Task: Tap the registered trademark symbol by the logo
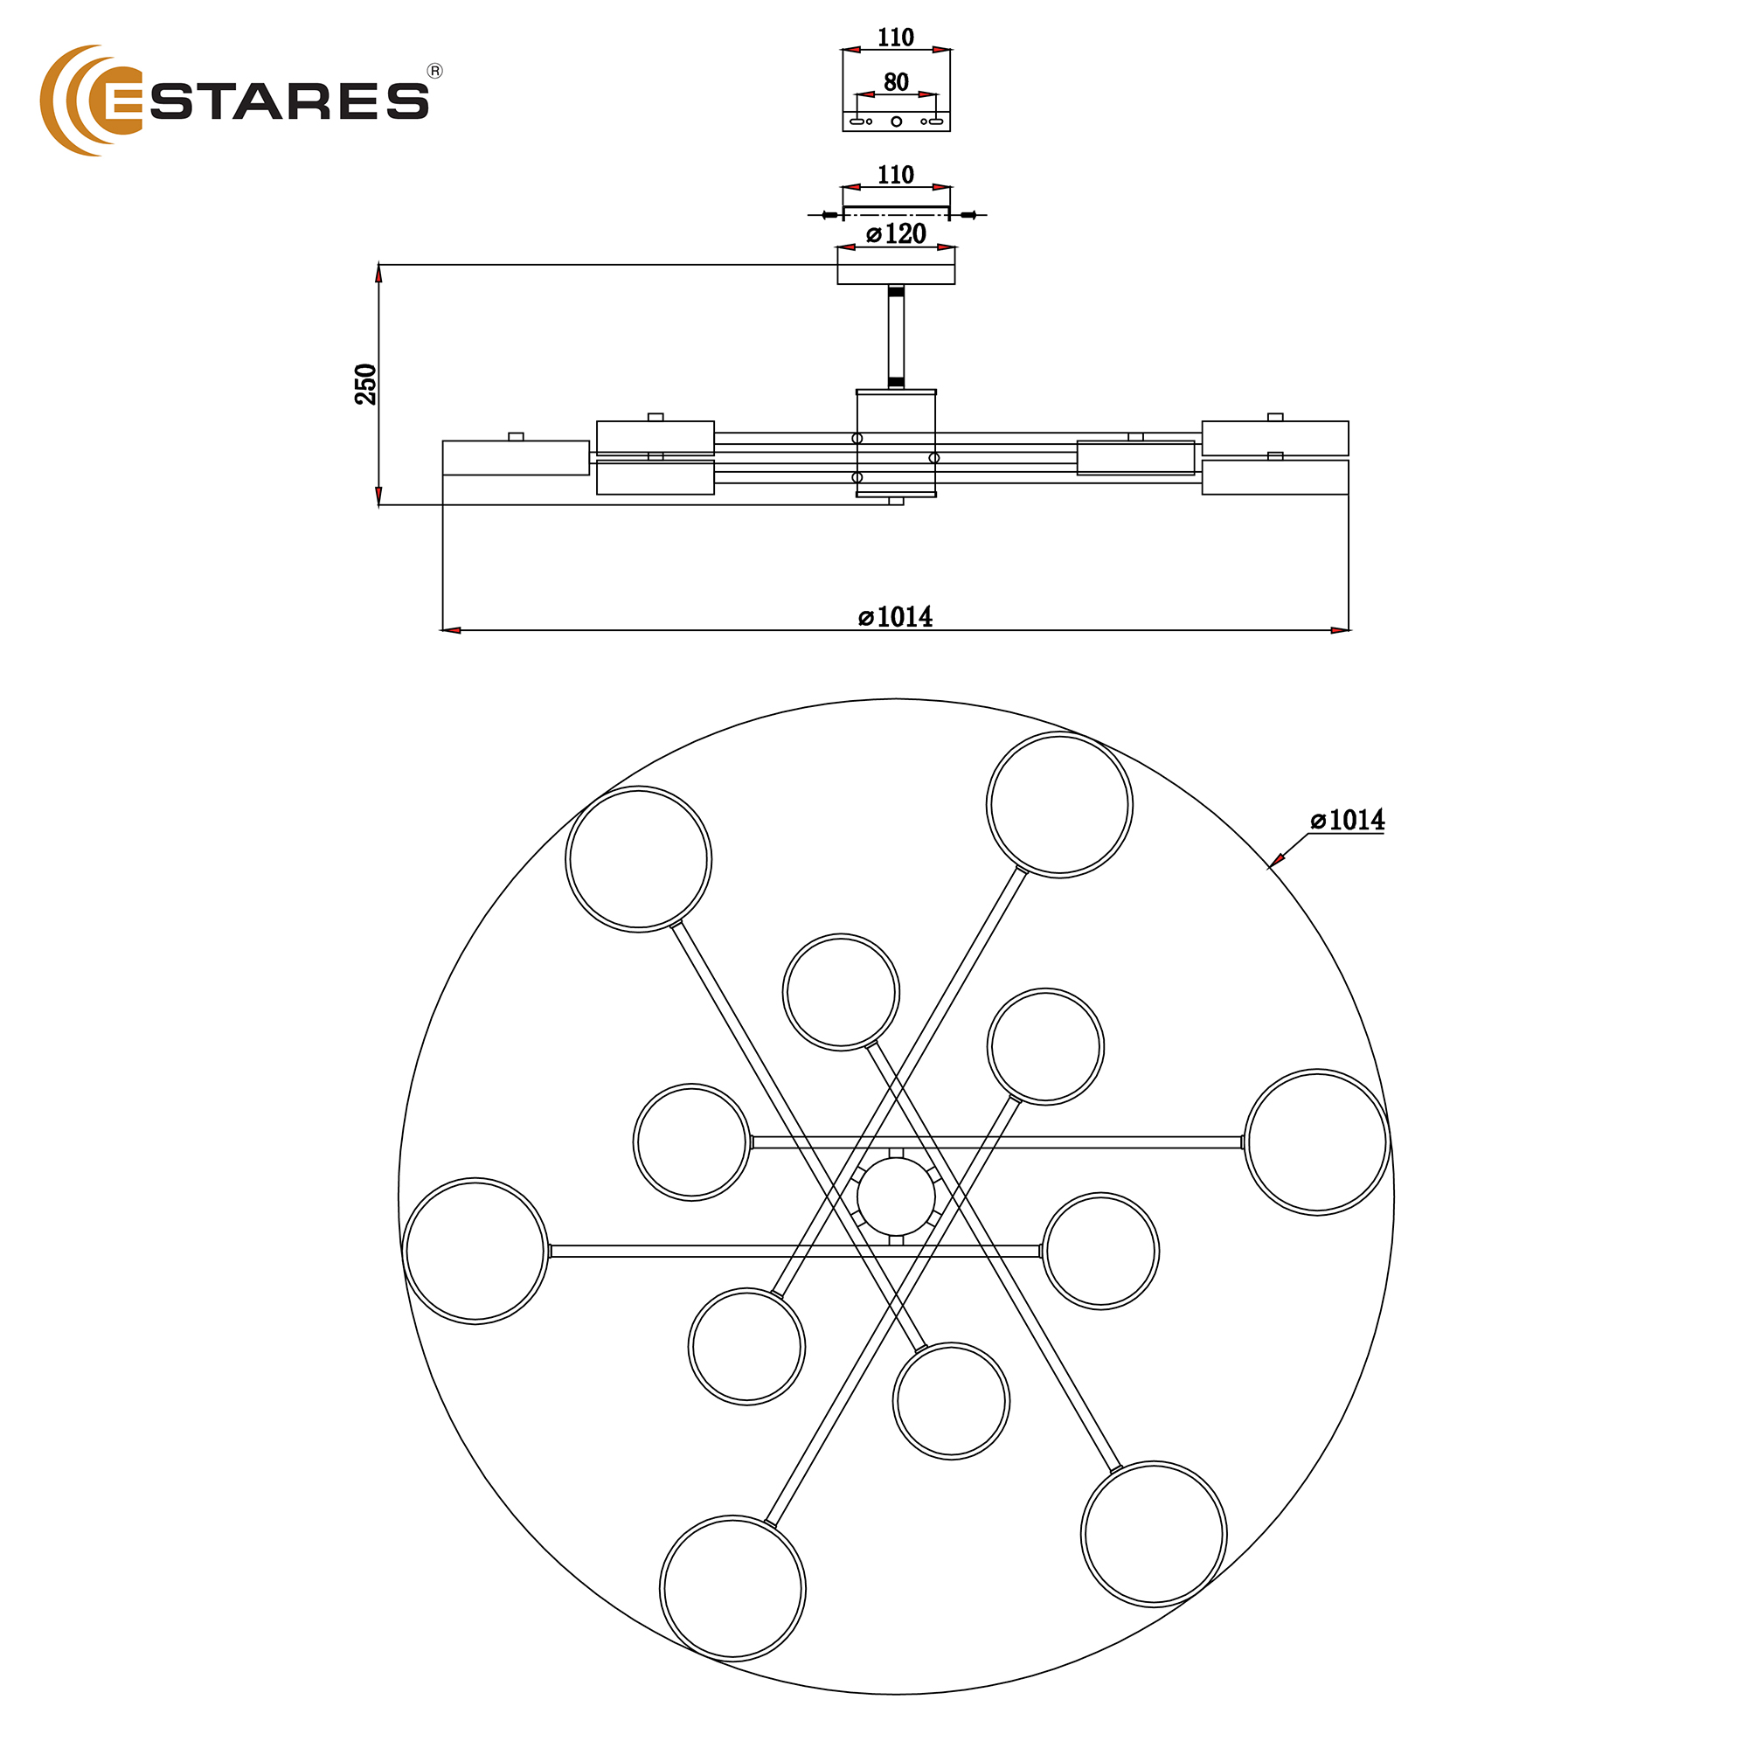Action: click(434, 72)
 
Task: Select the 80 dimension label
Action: click(896, 82)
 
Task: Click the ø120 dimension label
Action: click(896, 233)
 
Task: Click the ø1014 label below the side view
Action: click(896, 616)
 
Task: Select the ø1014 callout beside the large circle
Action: click(1347, 820)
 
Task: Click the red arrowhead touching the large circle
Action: click(1277, 859)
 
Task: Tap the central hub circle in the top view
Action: click(896, 1197)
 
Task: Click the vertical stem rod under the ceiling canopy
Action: click(896, 336)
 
